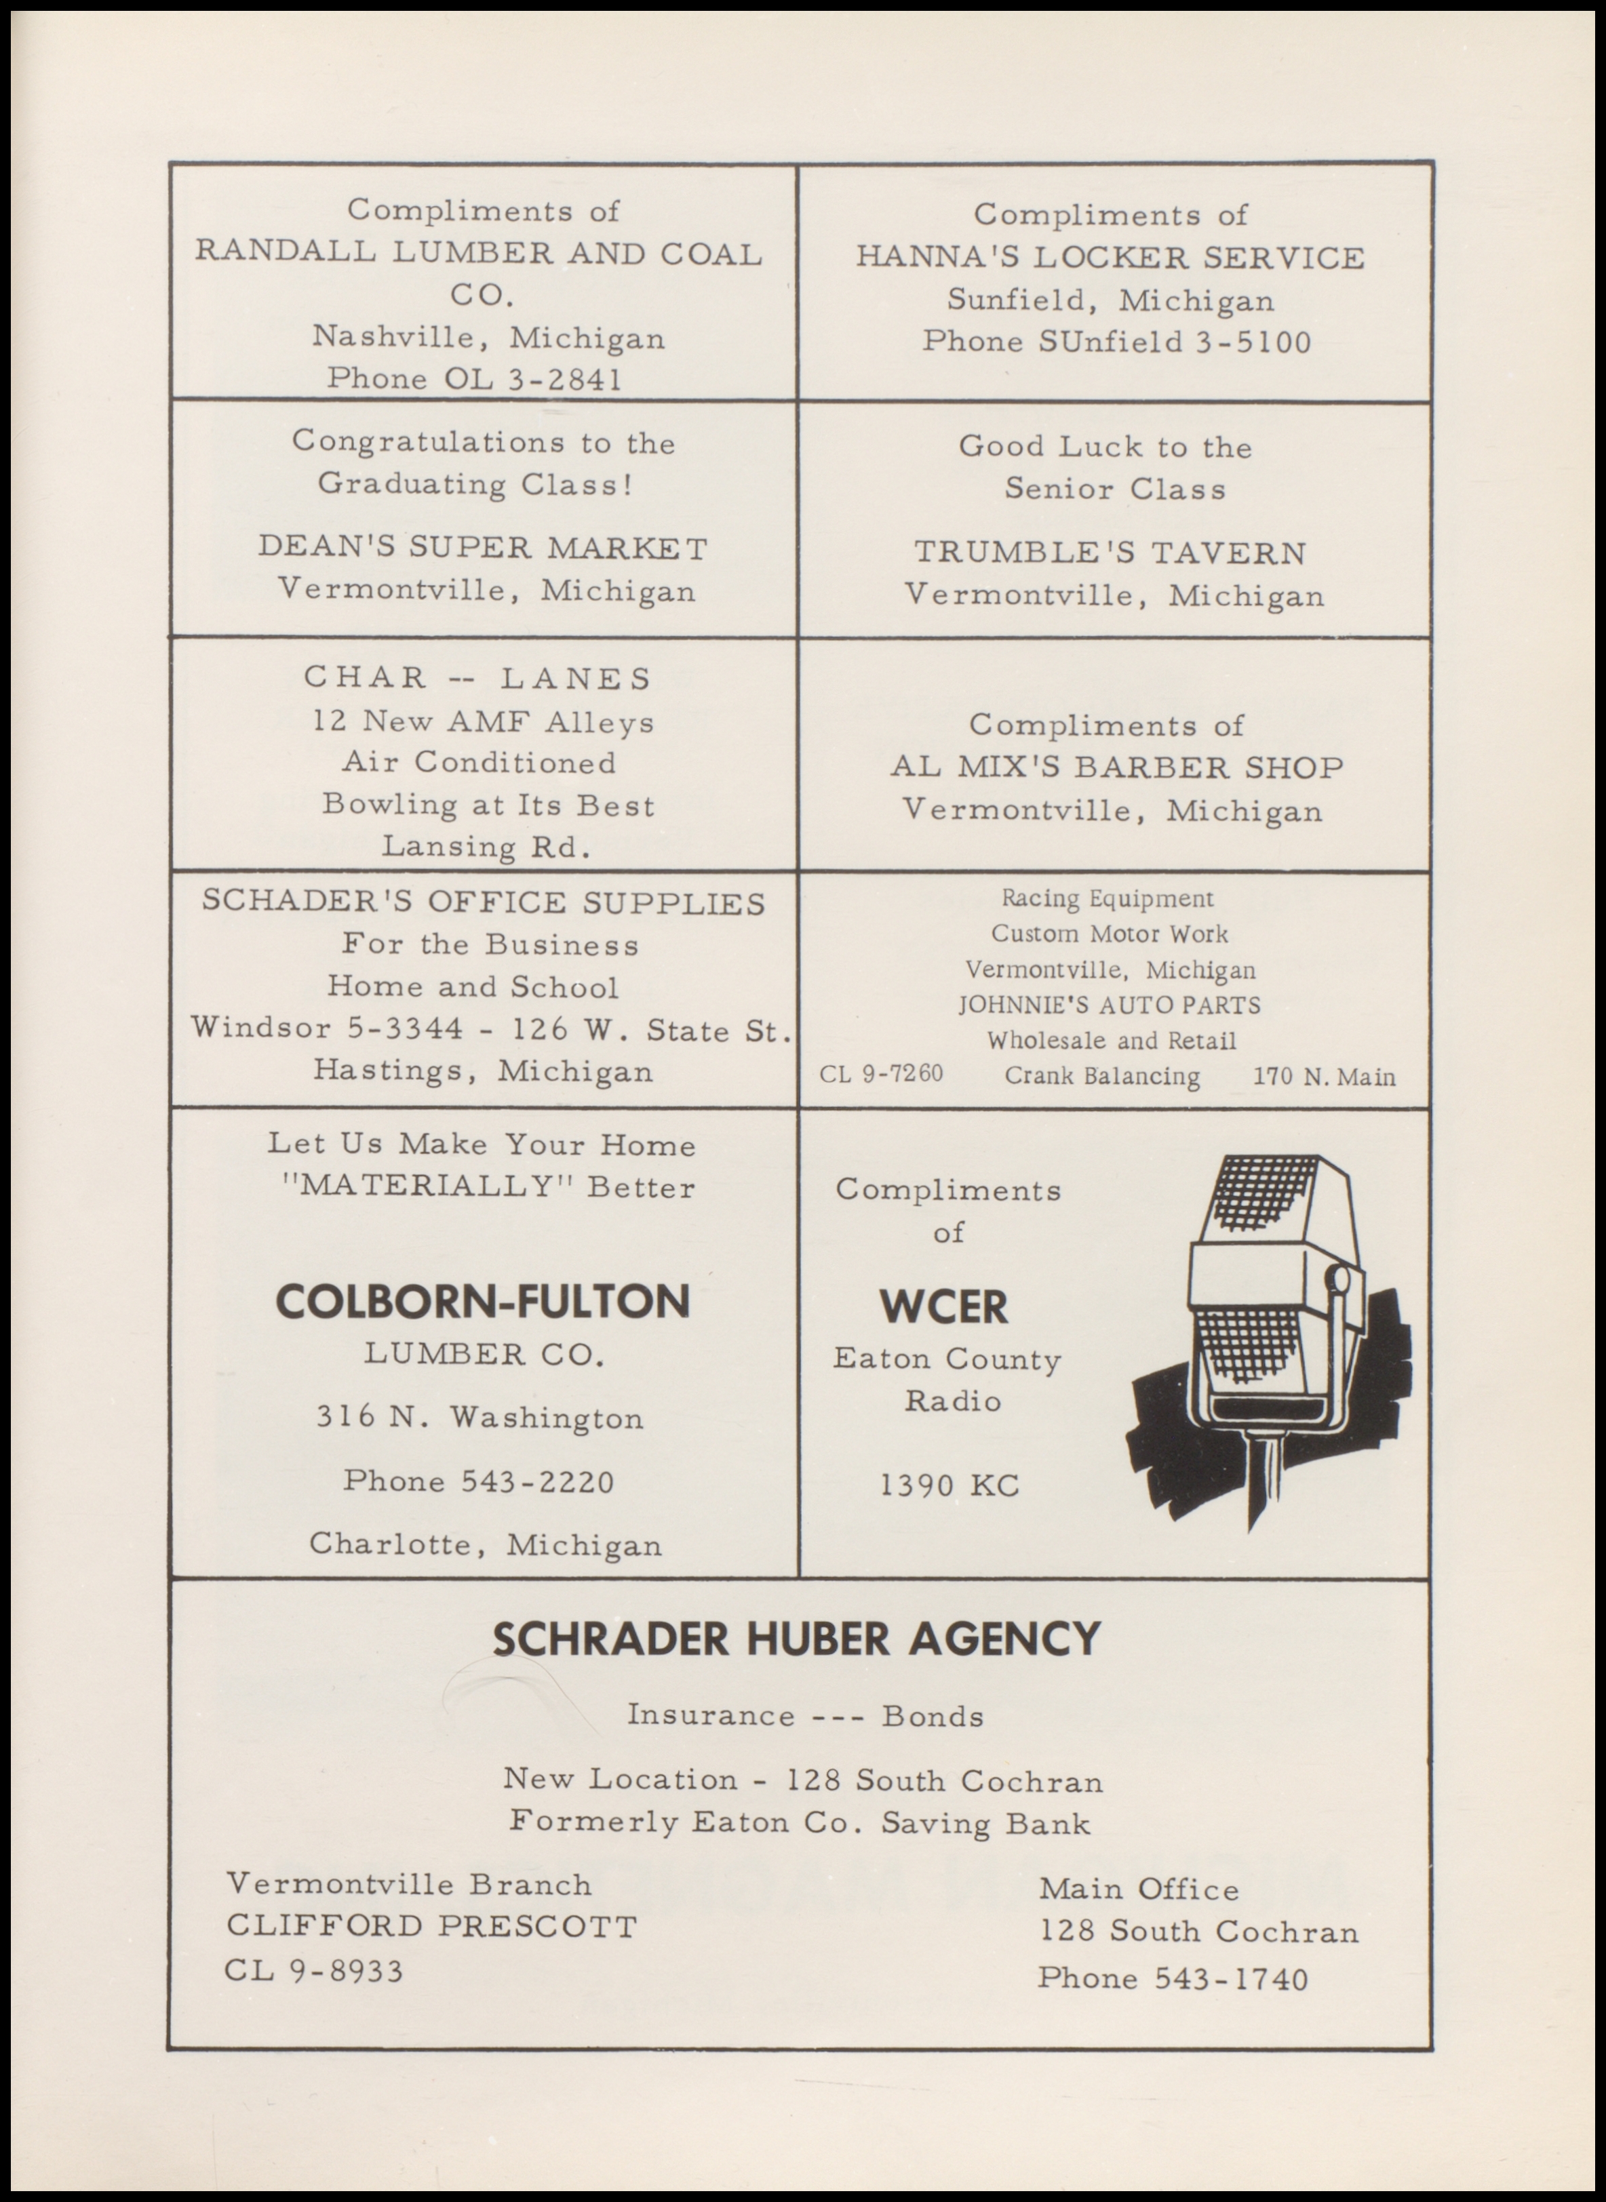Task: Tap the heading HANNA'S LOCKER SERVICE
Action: click(1110, 258)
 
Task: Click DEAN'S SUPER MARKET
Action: click(483, 548)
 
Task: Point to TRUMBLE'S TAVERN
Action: click(1110, 553)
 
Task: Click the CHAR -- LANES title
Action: click(477, 677)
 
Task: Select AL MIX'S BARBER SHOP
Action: click(1117, 767)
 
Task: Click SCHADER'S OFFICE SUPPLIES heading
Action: click(483, 903)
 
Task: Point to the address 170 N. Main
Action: click(1324, 1077)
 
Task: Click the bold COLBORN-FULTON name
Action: click(483, 1301)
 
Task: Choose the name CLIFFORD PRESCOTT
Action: click(431, 1926)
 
